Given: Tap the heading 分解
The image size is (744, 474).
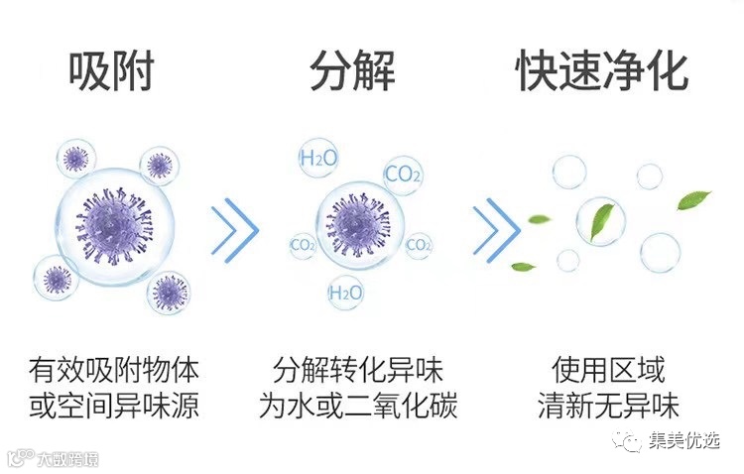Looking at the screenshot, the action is (352, 70).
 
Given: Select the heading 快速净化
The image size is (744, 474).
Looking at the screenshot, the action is (602, 70).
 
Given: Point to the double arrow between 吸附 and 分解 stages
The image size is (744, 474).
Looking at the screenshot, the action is (234, 229).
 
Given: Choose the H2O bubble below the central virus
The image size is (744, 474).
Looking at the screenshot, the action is (344, 292).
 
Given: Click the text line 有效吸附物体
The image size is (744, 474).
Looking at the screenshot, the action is (114, 372).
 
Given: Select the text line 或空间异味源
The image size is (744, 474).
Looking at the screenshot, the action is (114, 407).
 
